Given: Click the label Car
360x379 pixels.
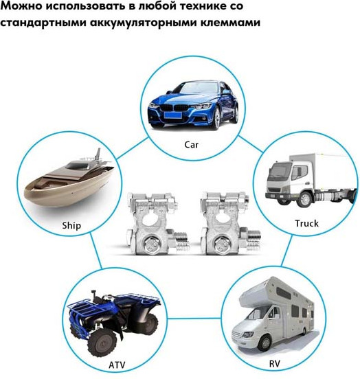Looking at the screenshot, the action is (x=192, y=145).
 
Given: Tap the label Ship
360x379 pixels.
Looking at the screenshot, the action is (x=71, y=225).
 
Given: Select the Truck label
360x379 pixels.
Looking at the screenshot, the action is (x=306, y=223).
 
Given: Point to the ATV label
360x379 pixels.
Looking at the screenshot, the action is (x=117, y=365).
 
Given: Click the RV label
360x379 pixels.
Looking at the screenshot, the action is (x=274, y=363).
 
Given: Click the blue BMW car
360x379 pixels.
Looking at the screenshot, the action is (x=193, y=105).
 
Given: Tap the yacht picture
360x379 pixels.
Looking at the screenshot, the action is (x=69, y=180).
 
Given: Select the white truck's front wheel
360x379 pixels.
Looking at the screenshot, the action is (x=305, y=199).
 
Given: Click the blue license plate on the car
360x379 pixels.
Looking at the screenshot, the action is (x=173, y=114).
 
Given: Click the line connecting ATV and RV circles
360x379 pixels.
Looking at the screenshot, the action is (x=194, y=318).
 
